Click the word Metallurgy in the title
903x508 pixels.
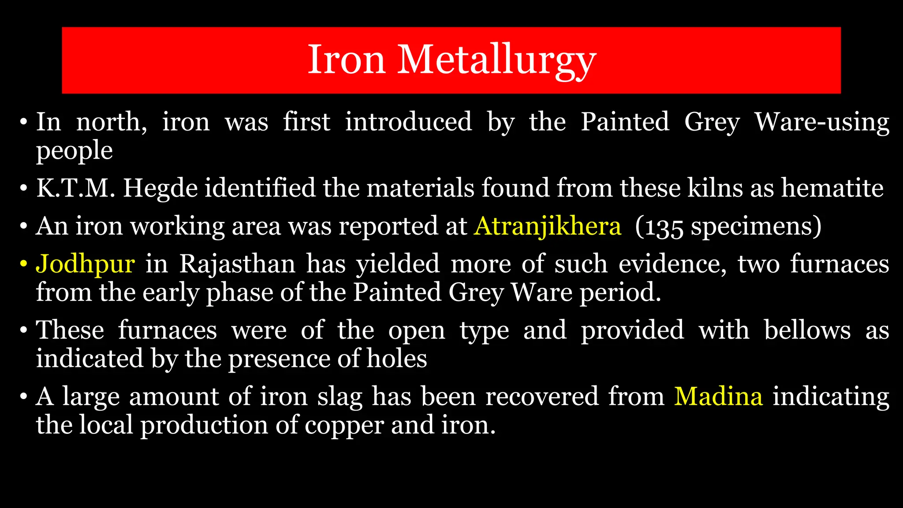(x=496, y=60)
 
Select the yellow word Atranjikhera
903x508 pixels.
(x=547, y=226)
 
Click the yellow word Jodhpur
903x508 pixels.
(x=85, y=264)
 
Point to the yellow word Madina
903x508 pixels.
(x=718, y=396)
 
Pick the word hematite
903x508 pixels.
(x=832, y=188)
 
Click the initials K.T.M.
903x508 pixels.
(x=75, y=188)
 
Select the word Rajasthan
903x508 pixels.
(x=237, y=264)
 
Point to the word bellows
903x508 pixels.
(x=807, y=330)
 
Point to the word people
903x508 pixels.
(x=74, y=151)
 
